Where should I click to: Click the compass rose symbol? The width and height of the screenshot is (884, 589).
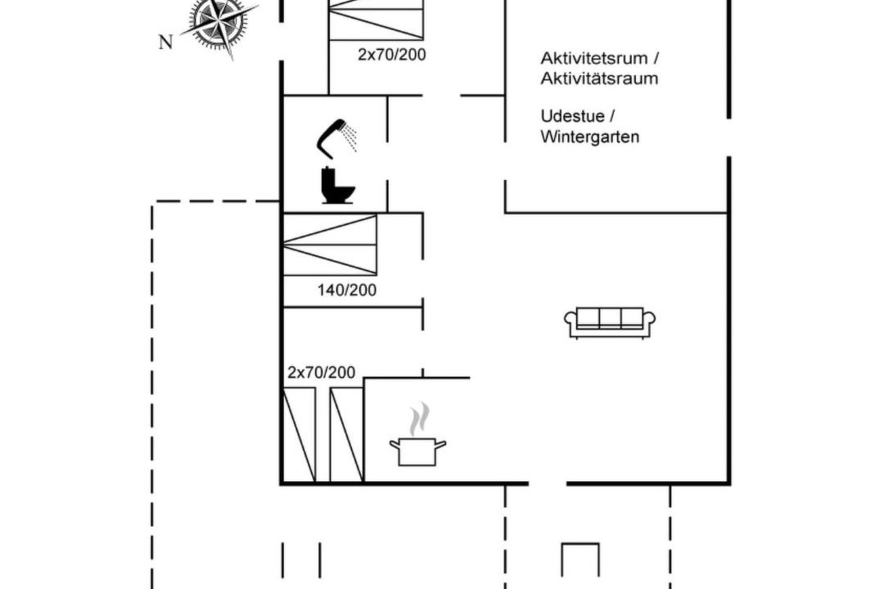pos(218,24)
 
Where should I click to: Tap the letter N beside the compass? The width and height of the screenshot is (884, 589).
pos(165,43)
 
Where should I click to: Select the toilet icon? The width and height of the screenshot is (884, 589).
pos(337,185)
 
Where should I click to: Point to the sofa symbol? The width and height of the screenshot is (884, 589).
pos(610,323)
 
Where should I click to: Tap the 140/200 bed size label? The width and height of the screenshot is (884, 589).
pos(347,290)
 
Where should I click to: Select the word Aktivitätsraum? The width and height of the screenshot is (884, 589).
pos(599,79)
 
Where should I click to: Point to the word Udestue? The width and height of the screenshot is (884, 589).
pos(572,116)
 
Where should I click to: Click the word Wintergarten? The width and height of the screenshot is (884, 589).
pos(589,137)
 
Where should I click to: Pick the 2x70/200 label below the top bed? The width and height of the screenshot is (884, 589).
pos(392,55)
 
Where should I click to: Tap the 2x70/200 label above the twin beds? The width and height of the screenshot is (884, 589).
pos(322,372)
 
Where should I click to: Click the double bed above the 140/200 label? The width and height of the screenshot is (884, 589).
pos(329,245)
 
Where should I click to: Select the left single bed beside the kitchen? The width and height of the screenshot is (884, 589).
pos(299,435)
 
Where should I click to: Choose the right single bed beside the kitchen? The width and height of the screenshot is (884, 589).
pos(346,435)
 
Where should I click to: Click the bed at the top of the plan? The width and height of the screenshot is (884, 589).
pos(376,20)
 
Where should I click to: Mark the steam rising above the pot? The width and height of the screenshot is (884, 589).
pos(419,419)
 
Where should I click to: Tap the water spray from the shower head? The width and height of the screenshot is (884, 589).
pos(350,138)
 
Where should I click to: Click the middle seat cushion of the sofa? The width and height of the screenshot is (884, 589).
pos(610,318)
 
